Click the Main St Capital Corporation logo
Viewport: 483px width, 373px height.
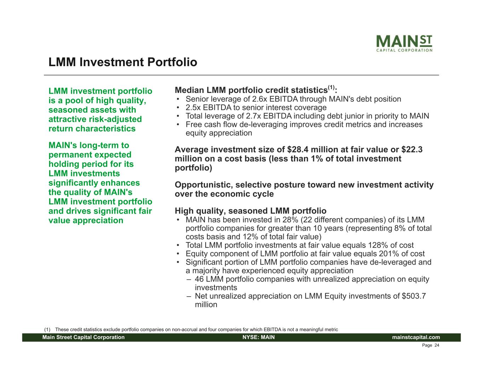(404, 43)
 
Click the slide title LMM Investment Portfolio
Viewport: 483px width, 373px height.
(123, 62)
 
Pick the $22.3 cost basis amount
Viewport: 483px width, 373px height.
(412, 150)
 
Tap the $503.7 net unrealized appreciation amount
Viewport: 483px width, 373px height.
(414, 296)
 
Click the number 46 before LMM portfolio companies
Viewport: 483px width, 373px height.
(199, 279)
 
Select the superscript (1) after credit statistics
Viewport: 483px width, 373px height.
(331, 87)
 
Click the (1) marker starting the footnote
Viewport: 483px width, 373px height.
(47, 330)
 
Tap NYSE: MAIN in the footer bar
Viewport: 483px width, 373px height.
(259, 337)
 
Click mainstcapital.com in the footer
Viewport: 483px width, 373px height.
(416, 337)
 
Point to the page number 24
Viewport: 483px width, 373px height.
(437, 345)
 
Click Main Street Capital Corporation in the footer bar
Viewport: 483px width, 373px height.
(84, 337)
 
